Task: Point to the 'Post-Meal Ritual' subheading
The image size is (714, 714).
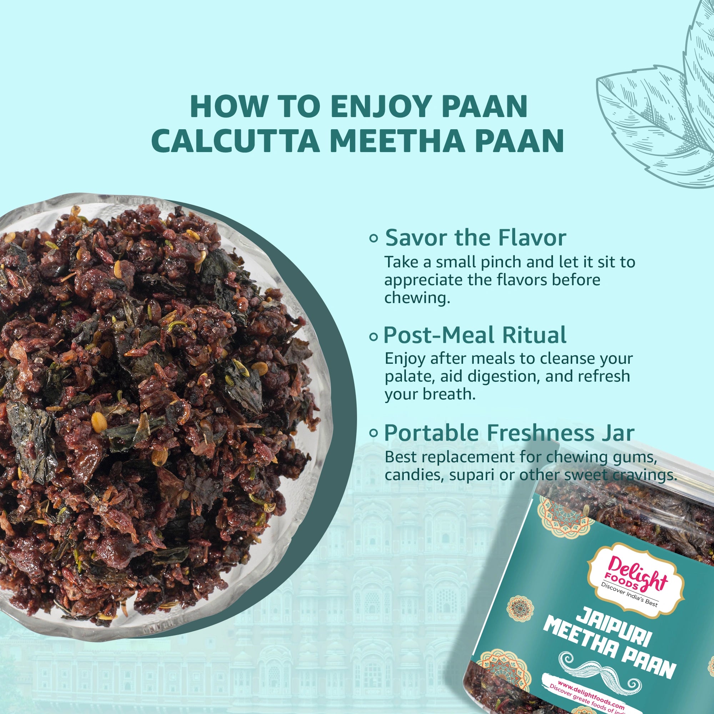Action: pyautogui.click(x=475, y=335)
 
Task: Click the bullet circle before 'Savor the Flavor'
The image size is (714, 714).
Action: pyautogui.click(x=374, y=239)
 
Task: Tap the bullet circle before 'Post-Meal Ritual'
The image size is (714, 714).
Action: pyautogui.click(x=374, y=337)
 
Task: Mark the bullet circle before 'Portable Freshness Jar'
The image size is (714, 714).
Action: pyautogui.click(x=374, y=433)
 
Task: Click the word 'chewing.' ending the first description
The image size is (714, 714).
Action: pyautogui.click(x=417, y=298)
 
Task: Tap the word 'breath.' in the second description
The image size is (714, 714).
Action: pyautogui.click(x=452, y=395)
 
